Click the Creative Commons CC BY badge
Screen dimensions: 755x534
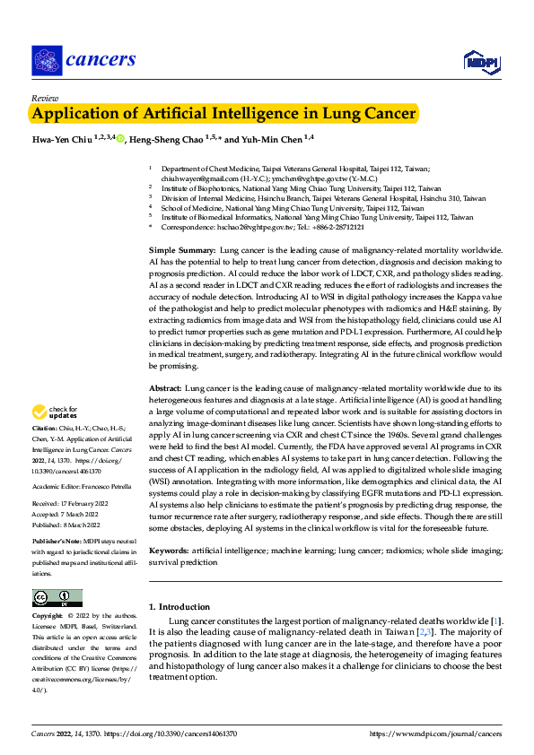[57, 597]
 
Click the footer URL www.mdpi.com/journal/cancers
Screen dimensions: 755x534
[440, 733]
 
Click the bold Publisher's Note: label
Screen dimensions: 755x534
[58, 543]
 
